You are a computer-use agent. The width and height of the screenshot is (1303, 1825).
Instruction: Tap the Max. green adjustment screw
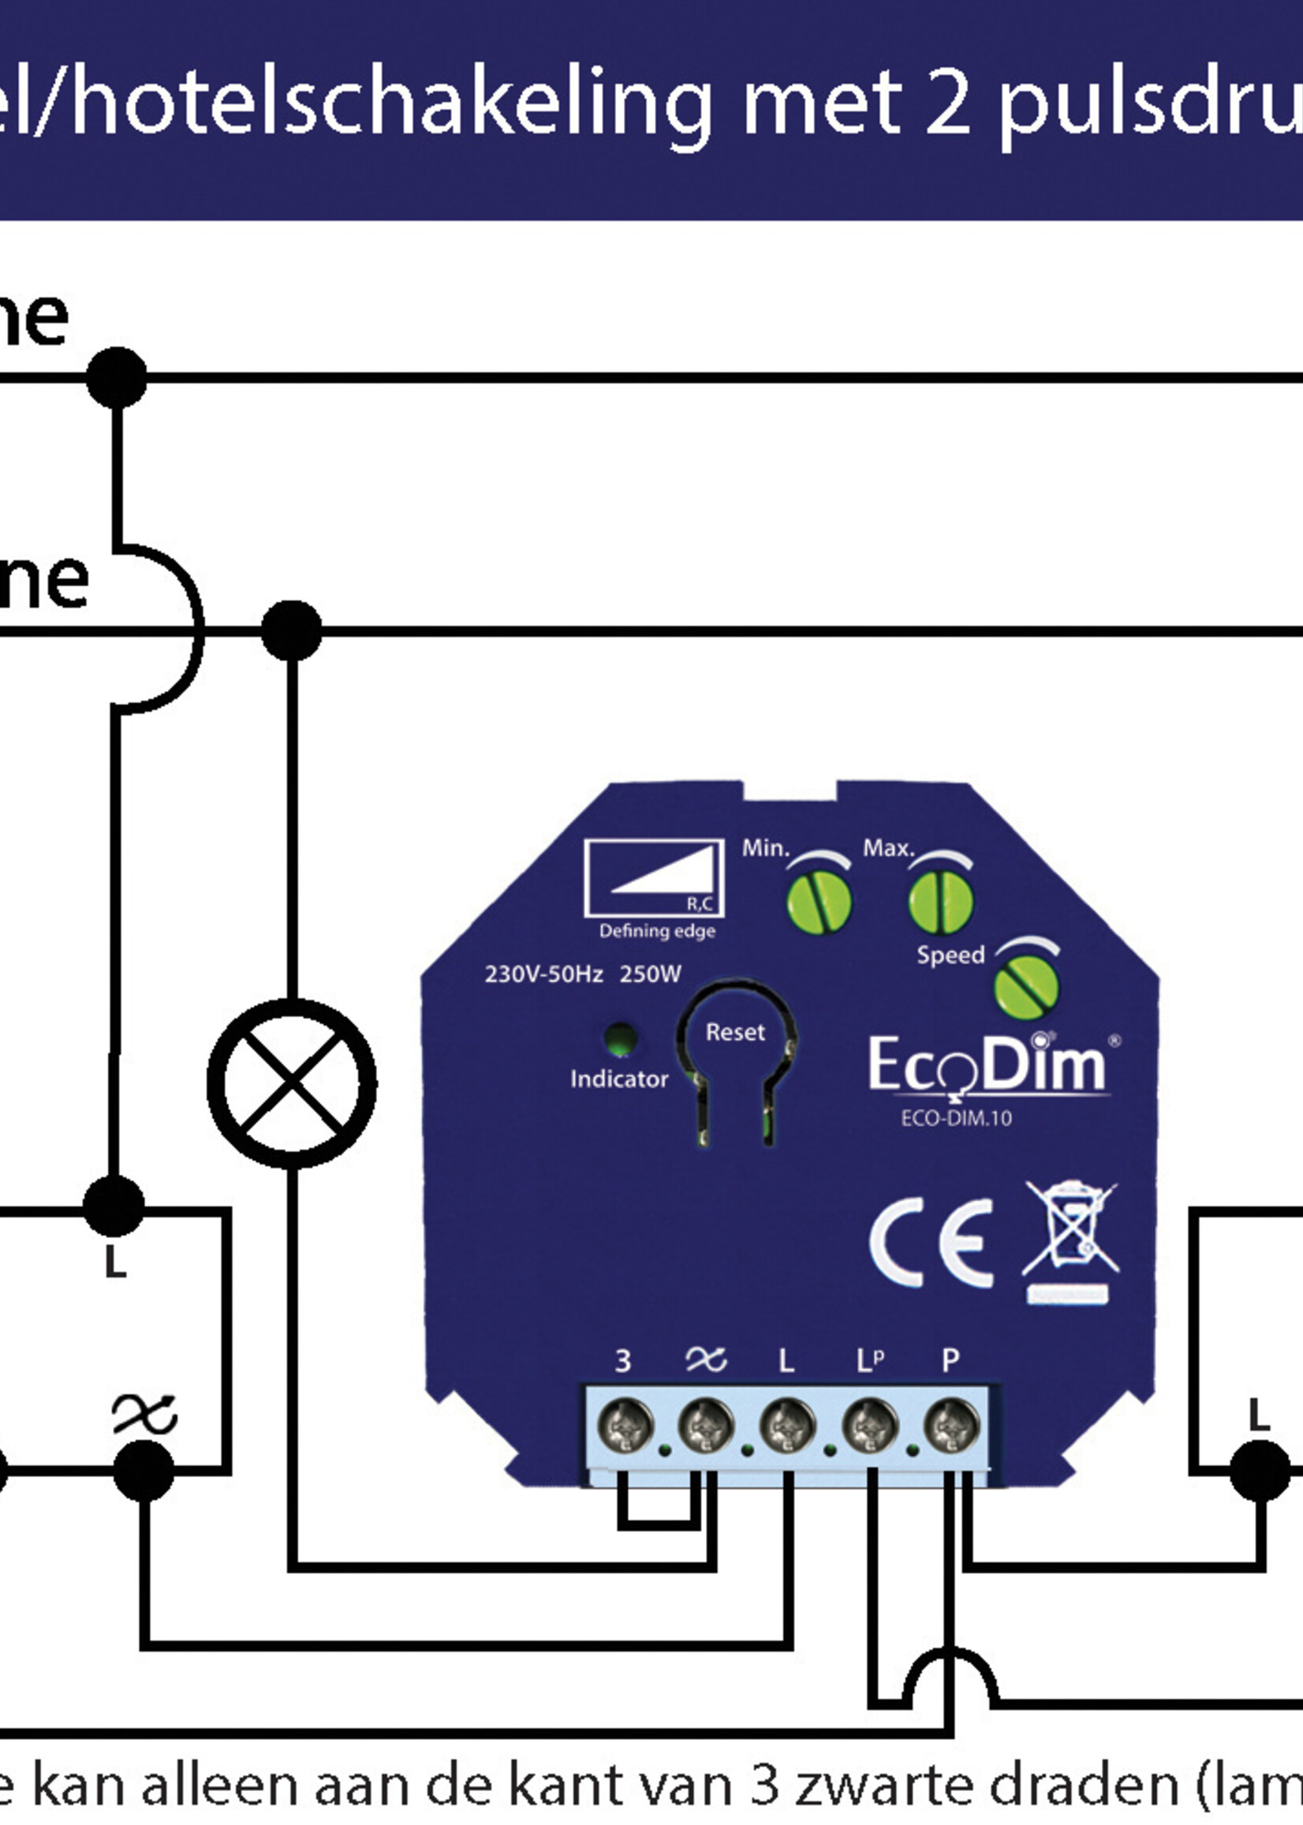click(940, 901)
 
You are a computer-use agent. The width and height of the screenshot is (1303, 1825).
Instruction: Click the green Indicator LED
click(620, 1038)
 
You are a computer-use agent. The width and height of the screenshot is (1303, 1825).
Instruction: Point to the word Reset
click(735, 1032)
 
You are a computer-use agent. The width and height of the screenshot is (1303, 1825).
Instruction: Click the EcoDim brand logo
click(988, 1065)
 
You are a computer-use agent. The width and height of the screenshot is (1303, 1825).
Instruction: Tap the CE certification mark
click(931, 1243)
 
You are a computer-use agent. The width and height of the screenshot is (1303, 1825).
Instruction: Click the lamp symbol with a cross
click(292, 1083)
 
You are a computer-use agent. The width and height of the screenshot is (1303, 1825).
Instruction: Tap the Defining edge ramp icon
click(654, 878)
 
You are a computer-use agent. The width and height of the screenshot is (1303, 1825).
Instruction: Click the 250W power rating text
click(650, 974)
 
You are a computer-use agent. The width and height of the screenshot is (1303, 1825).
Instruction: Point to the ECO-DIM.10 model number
click(956, 1119)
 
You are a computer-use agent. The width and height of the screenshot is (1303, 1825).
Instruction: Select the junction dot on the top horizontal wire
click(117, 377)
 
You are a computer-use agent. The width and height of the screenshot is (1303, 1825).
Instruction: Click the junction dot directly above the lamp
click(292, 630)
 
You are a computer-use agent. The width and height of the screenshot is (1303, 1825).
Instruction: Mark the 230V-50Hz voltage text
click(543, 974)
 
